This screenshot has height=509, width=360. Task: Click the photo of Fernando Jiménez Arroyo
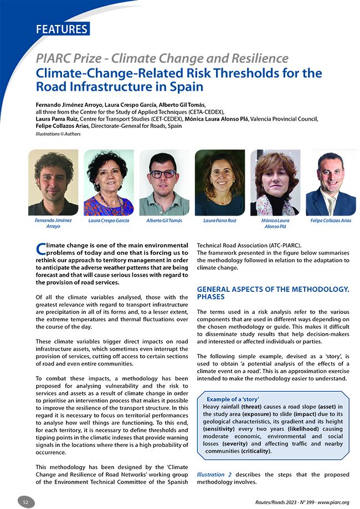[x=53, y=183]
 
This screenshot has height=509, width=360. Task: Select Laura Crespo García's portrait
[x=109, y=183]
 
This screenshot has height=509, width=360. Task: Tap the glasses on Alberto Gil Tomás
[x=164, y=173]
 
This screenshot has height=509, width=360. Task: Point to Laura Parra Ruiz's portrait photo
[x=219, y=183]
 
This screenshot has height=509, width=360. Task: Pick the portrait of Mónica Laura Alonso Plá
[x=275, y=183]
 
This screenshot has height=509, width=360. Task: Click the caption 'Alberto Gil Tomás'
[x=164, y=220]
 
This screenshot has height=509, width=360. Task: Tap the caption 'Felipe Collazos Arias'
[x=331, y=220]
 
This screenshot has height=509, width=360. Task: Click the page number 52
[x=26, y=502]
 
